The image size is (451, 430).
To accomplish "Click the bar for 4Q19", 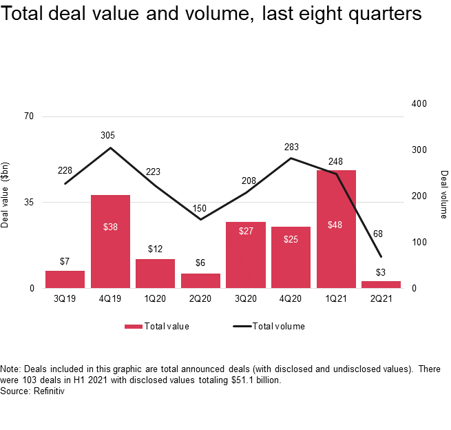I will pyautogui.click(x=110, y=241).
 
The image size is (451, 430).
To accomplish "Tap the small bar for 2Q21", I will pyautogui.click(x=381, y=284).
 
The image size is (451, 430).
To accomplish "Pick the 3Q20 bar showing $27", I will pyautogui.click(x=246, y=254).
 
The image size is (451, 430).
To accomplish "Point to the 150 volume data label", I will pyautogui.click(x=200, y=208).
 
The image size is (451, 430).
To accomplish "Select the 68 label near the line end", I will pyautogui.click(x=378, y=234).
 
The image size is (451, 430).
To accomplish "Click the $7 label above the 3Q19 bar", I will pyautogui.click(x=65, y=261).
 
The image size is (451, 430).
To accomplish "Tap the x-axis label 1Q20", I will pyautogui.click(x=155, y=299).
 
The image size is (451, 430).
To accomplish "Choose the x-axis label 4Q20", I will pyautogui.click(x=291, y=299).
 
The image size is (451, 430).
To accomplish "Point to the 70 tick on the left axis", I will pyautogui.click(x=29, y=116).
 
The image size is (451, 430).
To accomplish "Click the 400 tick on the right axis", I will pyautogui.click(x=419, y=104).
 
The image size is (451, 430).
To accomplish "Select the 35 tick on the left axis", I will pyautogui.click(x=29, y=202).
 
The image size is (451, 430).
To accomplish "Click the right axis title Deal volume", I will pyautogui.click(x=444, y=194).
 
